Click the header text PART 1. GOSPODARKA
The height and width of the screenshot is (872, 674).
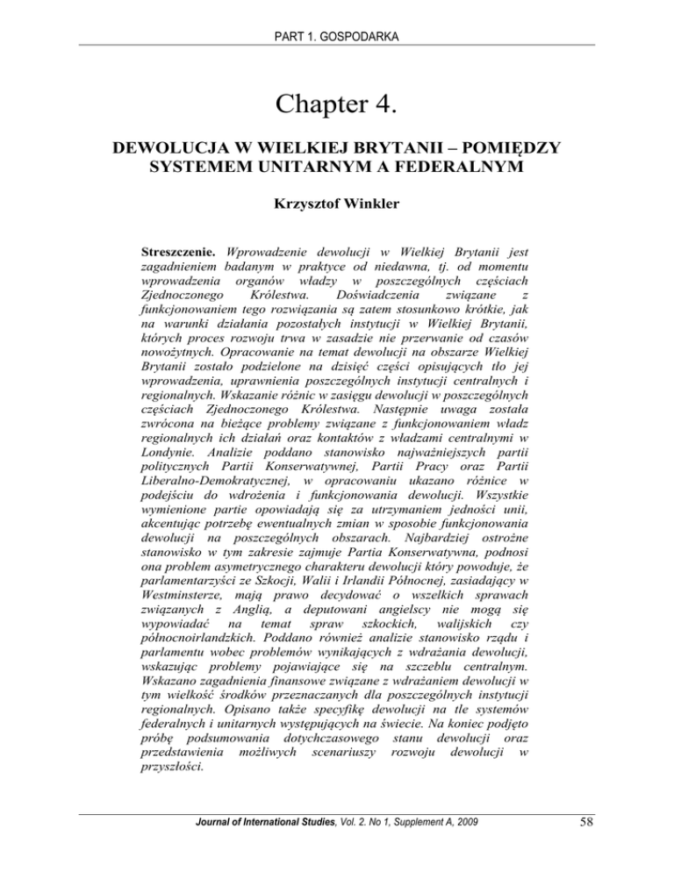click(337, 16)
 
